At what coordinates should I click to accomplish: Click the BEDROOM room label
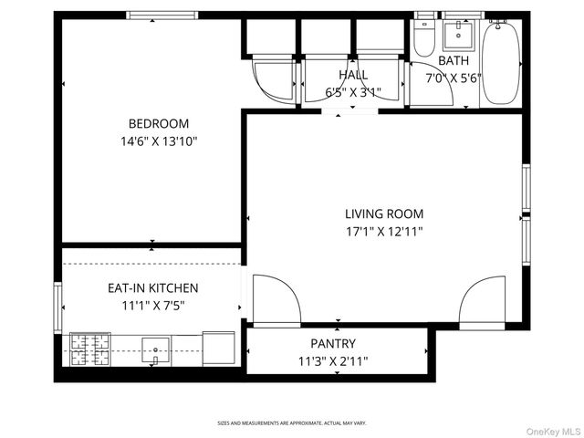pyautogui.click(x=158, y=124)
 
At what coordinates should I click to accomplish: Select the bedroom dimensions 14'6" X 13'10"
pyautogui.click(x=158, y=141)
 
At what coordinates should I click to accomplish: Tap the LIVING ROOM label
pyautogui.click(x=383, y=214)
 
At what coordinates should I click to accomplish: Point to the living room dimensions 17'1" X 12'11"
pyautogui.click(x=383, y=231)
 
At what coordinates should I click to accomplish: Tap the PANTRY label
pyautogui.click(x=333, y=344)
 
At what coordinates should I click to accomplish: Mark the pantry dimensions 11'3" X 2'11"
pyautogui.click(x=333, y=361)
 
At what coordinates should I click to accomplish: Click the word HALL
pyautogui.click(x=353, y=75)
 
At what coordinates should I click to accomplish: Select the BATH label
pyautogui.click(x=454, y=61)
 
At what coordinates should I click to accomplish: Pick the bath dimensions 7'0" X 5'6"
pyautogui.click(x=454, y=79)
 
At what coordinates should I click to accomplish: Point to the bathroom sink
pyautogui.click(x=457, y=35)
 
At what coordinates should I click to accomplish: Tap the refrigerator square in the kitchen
pyautogui.click(x=218, y=347)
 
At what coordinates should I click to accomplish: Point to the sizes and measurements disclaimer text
pyautogui.click(x=292, y=423)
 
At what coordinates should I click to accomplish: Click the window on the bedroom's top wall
pyautogui.click(x=161, y=16)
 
